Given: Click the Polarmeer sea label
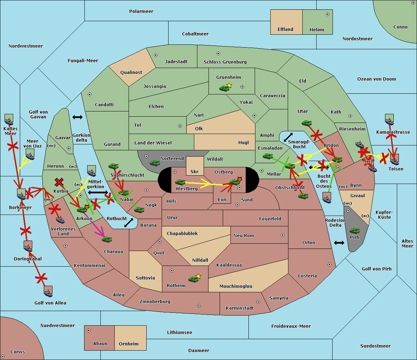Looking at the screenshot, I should click(141, 11).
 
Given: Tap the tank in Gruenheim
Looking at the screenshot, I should click(224, 89).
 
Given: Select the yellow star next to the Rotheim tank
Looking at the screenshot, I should click(198, 276).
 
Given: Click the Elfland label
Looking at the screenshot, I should click(285, 30).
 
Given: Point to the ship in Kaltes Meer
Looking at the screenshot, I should click(9, 120).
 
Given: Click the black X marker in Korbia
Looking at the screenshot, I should click(59, 182).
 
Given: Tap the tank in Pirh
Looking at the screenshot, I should click(354, 231).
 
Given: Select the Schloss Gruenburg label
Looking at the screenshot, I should click(225, 62).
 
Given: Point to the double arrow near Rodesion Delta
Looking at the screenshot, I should click(339, 243).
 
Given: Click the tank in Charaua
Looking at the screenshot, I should click(107, 239).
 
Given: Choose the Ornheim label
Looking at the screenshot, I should click(129, 344).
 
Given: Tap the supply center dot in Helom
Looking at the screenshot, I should click(327, 14).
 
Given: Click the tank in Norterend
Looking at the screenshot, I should click(155, 163).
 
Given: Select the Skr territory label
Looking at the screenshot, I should click(195, 171).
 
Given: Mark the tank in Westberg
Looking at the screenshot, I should click(180, 182).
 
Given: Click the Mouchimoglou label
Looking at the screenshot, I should click(236, 286).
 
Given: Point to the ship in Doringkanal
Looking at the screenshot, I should click(28, 246).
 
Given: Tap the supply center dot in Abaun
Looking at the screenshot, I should click(89, 330).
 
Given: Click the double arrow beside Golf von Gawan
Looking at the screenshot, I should click(77, 117).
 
